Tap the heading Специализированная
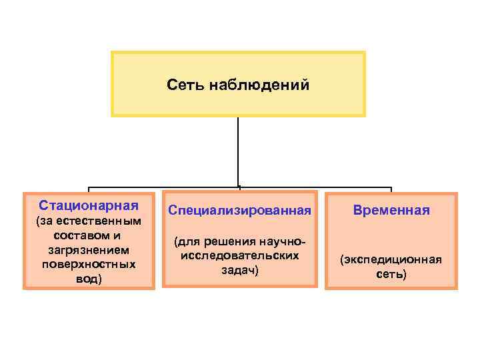(239, 210)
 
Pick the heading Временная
(391, 210)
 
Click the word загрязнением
(89, 249)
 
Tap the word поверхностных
(89, 264)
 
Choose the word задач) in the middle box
(239, 270)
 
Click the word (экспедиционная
(391, 259)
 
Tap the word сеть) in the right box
(391, 274)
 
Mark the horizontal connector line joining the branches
(167, 187)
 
